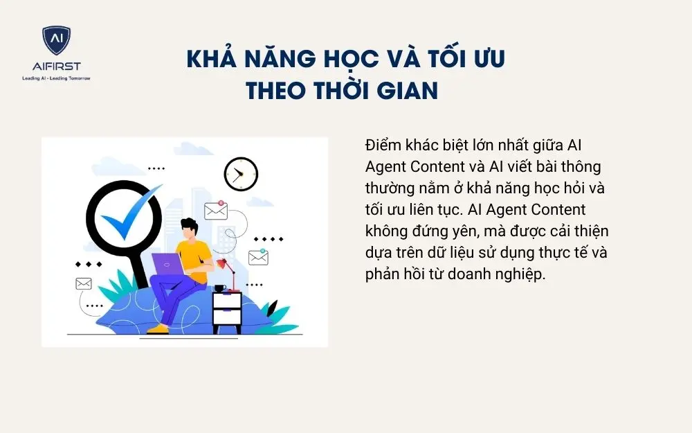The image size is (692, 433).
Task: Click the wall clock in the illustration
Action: tap(241, 174)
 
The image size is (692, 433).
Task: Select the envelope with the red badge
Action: tap(216, 210)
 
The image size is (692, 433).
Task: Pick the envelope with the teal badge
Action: tap(258, 257)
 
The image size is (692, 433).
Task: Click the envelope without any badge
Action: tap(84, 283)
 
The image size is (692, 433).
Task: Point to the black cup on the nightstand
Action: tap(219, 288)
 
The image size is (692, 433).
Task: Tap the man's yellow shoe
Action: tap(158, 328)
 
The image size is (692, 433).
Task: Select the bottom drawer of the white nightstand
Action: tap(227, 317)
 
